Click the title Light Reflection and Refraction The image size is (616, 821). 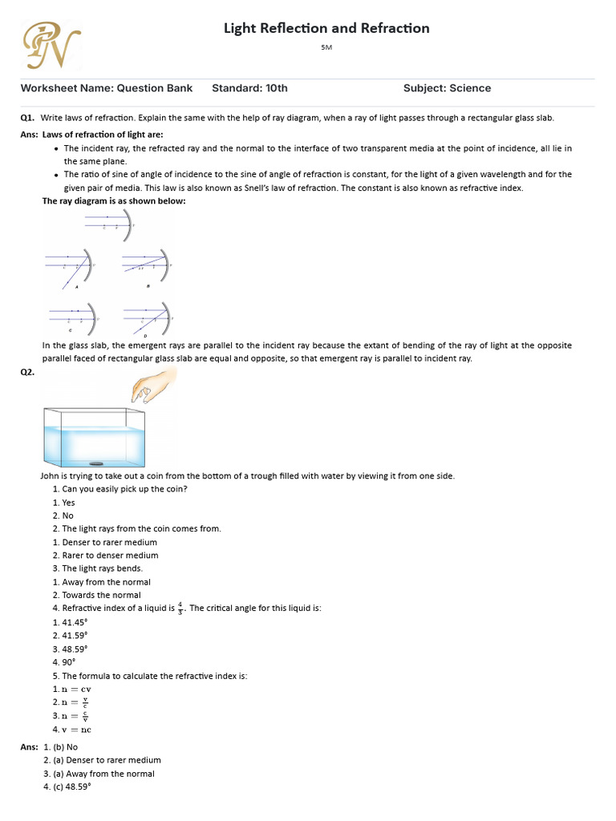326,28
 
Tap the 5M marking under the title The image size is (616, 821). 326,48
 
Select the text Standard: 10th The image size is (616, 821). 249,88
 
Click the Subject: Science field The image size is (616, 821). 447,88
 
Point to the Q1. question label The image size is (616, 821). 30,118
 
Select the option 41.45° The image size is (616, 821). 70,622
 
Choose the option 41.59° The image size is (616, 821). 70,636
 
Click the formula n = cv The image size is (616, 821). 70,690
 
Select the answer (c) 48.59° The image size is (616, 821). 72,787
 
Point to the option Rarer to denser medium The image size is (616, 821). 105,555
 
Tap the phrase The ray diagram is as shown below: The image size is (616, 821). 114,201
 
